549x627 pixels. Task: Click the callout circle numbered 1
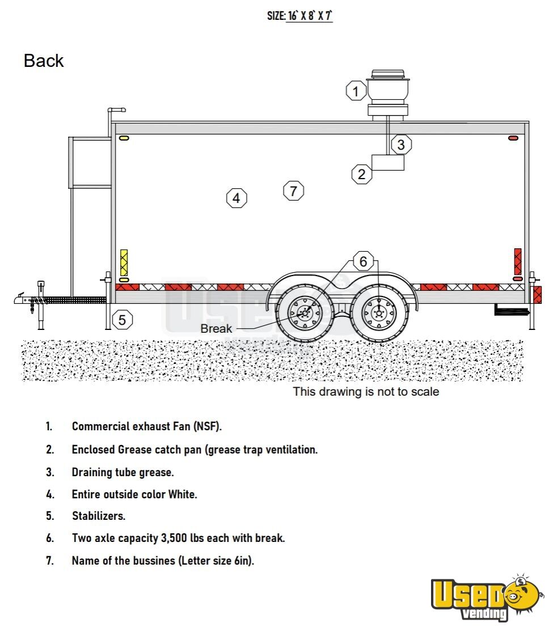pos(356,91)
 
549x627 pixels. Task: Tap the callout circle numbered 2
pos(362,174)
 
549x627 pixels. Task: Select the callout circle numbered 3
pos(401,145)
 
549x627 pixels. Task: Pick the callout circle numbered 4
pos(237,198)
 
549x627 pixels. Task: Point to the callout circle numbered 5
pos(122,320)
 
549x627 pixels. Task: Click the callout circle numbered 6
pos(364,261)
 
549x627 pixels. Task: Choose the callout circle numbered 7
pos(293,191)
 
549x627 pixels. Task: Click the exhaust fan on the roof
pos(387,94)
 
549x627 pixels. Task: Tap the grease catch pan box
pos(388,162)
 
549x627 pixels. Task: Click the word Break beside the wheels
pos(216,329)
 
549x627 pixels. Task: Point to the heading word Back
pos(44,61)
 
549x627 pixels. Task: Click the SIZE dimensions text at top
pos(299,16)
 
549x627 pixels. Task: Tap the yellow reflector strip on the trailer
pos(124,262)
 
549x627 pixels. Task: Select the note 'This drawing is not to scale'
pos(366,391)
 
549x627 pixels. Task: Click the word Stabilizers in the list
pos(99,516)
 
